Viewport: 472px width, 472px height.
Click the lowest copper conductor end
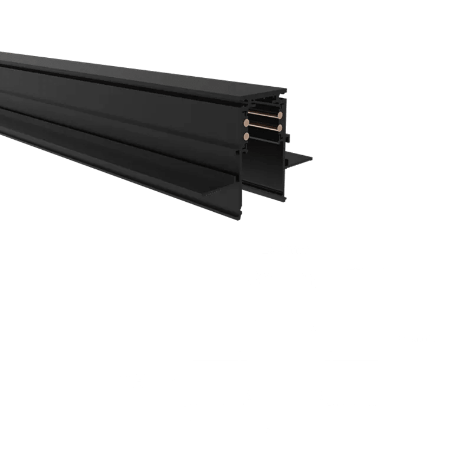tap(246, 136)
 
